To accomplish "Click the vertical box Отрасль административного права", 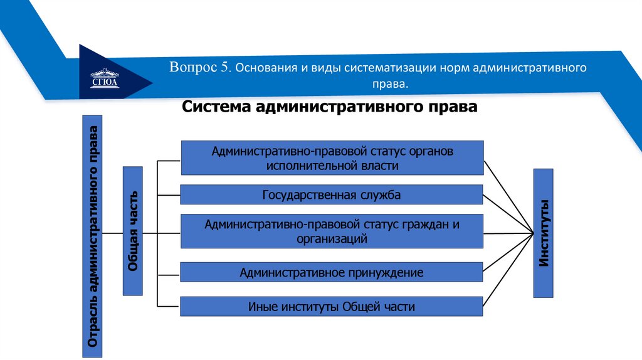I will pyautogui.click(x=93, y=236).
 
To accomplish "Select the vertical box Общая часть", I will pyautogui.click(x=133, y=230).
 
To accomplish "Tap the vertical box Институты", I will pyautogui.click(x=544, y=232).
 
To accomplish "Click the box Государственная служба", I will pyautogui.click(x=332, y=194).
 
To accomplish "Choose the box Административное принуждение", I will pyautogui.click(x=332, y=272).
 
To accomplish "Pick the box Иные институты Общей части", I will pyautogui.click(x=332, y=307).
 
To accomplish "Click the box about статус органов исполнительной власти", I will pyautogui.click(x=332, y=157).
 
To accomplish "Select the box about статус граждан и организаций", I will pyautogui.click(x=332, y=231).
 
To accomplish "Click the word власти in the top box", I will pyautogui.click(x=380, y=165).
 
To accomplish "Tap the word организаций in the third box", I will pyautogui.click(x=332, y=238).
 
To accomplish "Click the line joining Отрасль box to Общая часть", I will pyautogui.click(x=113, y=233).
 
